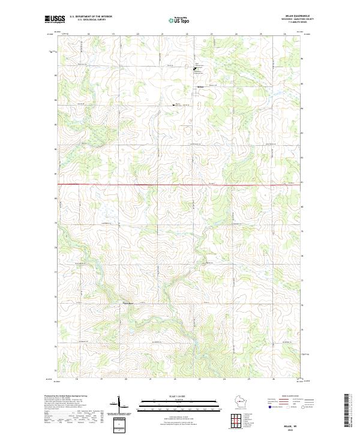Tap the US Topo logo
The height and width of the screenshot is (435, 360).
(179, 20)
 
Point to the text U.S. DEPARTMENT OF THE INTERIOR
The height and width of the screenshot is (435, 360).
(91, 17)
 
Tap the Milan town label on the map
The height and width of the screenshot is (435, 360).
(201, 86)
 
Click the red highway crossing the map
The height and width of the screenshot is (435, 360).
(180, 185)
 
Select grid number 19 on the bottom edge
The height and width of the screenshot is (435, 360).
(101, 379)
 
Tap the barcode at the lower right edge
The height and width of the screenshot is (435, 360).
(347, 413)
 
